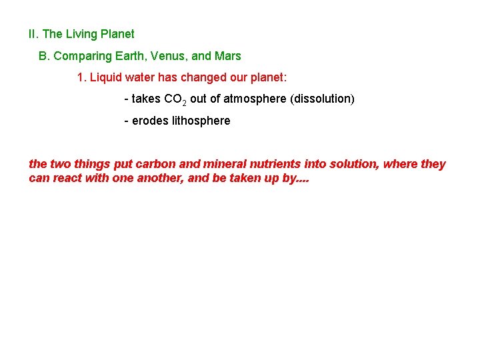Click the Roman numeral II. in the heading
[x=33, y=34]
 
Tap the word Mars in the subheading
[x=229, y=56]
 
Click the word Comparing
[x=80, y=56]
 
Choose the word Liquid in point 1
[x=105, y=77]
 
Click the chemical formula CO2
[x=175, y=99]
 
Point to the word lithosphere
[x=199, y=121]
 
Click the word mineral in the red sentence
[x=221, y=164]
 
